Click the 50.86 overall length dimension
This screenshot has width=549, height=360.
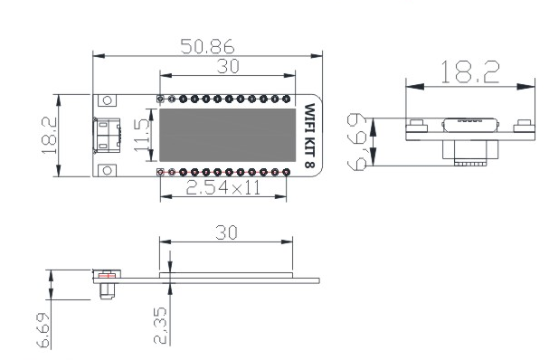pyautogui.click(x=207, y=46)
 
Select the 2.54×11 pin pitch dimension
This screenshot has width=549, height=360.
pyautogui.click(x=223, y=188)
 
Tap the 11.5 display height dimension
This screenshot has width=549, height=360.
pyautogui.click(x=142, y=135)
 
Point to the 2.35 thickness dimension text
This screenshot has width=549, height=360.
pyautogui.click(x=160, y=325)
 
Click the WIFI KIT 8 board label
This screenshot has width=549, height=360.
pyautogui.click(x=309, y=136)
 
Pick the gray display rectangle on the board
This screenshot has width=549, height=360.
pyautogui.click(x=228, y=135)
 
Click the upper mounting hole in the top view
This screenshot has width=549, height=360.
pyautogui.click(x=107, y=100)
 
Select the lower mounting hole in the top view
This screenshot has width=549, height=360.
pyautogui.click(x=107, y=171)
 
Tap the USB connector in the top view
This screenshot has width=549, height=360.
pyautogui.click(x=107, y=135)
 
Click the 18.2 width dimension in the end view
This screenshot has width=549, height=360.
pyautogui.click(x=470, y=72)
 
